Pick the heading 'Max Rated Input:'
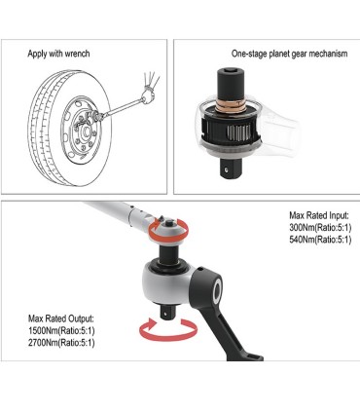[x=318, y=214]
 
